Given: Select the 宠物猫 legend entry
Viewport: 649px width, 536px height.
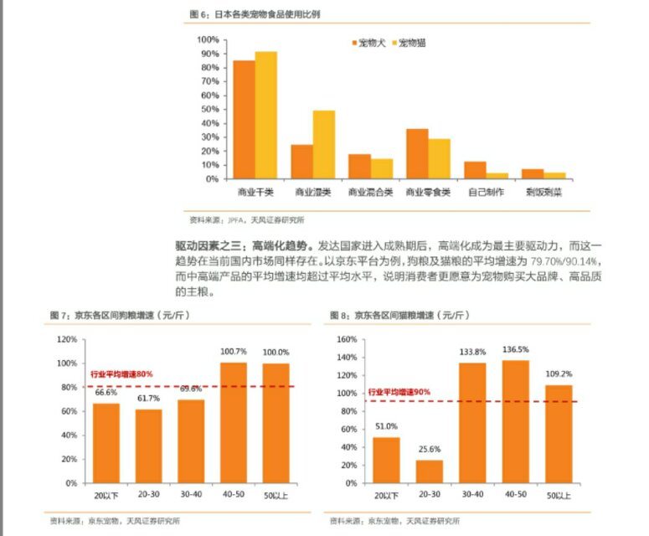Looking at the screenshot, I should click(x=408, y=42).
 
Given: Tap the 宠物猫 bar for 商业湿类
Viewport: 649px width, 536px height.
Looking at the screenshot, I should click(x=324, y=144).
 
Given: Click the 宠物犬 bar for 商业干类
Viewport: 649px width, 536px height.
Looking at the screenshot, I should click(x=244, y=119).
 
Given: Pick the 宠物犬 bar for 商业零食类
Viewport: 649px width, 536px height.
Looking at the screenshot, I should click(x=417, y=153).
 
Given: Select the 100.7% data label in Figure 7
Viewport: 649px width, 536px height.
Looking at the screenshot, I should click(x=234, y=352).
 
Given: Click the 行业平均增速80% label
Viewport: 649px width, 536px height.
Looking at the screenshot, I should click(x=121, y=374).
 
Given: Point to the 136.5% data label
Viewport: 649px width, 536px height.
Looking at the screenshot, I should click(x=515, y=349).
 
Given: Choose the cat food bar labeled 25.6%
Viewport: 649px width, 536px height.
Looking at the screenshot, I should click(x=429, y=471).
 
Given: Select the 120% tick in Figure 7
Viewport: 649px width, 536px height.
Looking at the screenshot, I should click(x=68, y=339).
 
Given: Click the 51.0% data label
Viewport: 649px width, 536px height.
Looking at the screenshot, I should click(x=386, y=425).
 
